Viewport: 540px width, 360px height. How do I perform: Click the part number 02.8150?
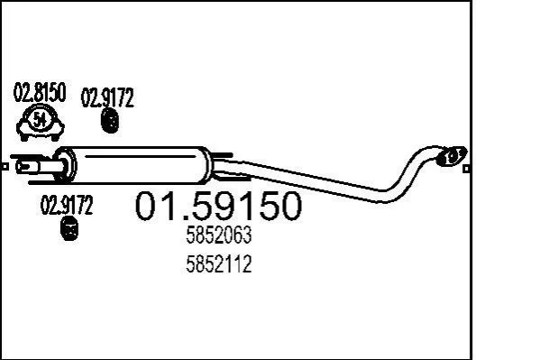(x=40, y=92)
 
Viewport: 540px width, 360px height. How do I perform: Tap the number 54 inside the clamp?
(x=40, y=120)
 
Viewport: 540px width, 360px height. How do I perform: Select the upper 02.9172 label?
(x=107, y=97)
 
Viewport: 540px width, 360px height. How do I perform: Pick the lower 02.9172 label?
(x=67, y=205)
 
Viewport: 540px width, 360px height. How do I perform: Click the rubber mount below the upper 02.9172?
(x=110, y=121)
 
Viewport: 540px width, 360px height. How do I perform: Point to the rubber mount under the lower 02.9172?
(x=69, y=228)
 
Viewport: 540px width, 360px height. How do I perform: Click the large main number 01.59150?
(x=218, y=206)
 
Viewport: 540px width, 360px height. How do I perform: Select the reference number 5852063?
(x=219, y=235)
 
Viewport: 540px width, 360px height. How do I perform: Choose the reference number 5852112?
(x=219, y=264)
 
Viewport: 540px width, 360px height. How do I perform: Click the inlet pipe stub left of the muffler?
(x=33, y=167)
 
